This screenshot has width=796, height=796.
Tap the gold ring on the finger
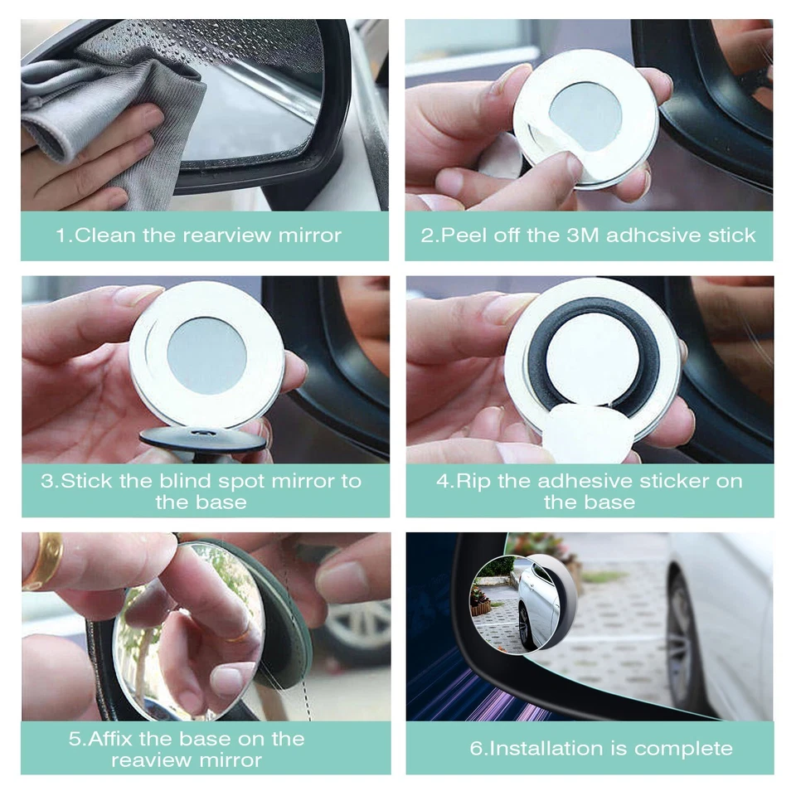[x=43, y=560]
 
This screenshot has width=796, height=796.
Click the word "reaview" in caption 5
[x=145, y=760]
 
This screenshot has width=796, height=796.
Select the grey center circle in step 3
[x=206, y=356]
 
